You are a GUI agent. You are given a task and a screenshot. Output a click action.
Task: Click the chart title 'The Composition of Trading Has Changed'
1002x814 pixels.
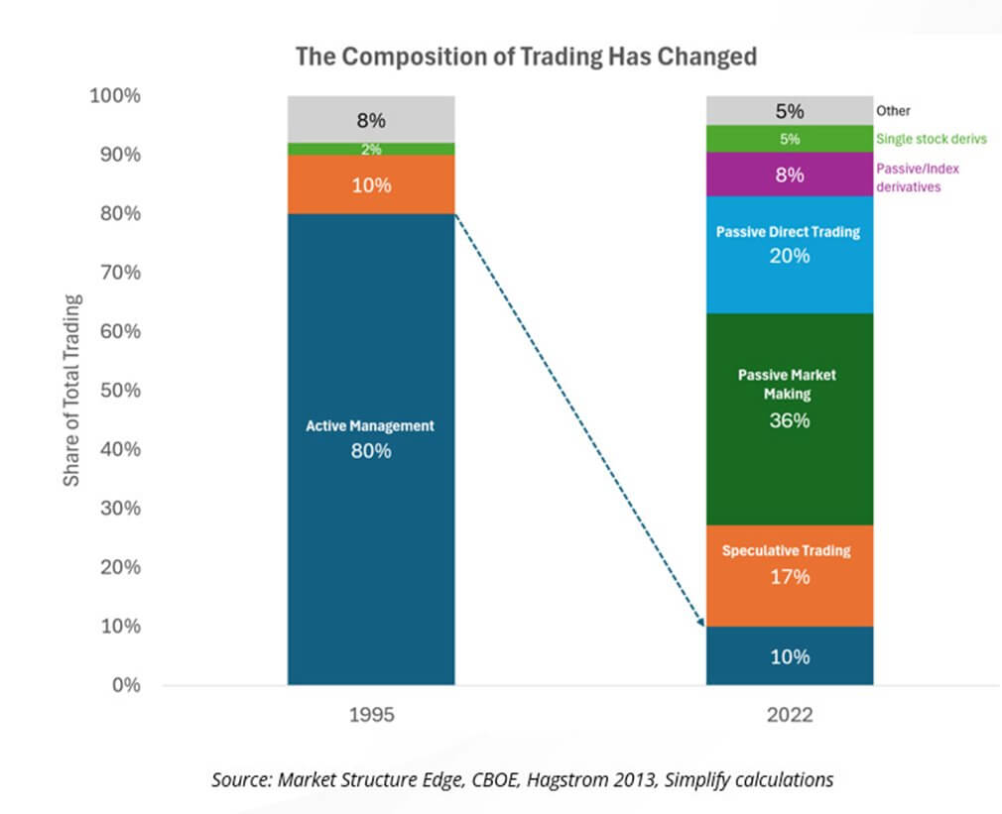tap(526, 57)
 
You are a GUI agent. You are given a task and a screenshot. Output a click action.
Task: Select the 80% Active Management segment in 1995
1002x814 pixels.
tap(371, 436)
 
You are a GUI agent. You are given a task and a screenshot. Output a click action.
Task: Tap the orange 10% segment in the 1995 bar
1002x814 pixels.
tap(371, 184)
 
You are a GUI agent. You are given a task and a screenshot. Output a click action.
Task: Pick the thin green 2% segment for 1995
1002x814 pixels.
tap(371, 149)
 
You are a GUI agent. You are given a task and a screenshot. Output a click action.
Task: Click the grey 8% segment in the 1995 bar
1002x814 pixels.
tap(371, 120)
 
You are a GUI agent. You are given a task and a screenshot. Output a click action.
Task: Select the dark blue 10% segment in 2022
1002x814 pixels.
tap(790, 655)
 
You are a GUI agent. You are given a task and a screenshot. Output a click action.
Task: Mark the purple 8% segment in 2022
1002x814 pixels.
tap(790, 174)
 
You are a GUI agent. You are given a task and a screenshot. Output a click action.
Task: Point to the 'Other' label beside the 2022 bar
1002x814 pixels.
tap(893, 111)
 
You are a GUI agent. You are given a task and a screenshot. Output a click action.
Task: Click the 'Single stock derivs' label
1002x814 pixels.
tap(931, 140)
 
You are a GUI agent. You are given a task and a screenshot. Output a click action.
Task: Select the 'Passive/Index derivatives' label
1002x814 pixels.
tap(918, 177)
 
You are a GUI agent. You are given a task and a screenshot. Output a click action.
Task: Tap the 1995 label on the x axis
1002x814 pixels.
tap(371, 714)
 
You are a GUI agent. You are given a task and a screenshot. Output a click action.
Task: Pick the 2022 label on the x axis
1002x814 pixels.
tap(790, 714)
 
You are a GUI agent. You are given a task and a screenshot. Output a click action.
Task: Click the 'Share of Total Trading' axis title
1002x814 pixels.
tap(72, 390)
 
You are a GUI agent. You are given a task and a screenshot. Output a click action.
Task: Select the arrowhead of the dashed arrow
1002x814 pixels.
tap(700, 622)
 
